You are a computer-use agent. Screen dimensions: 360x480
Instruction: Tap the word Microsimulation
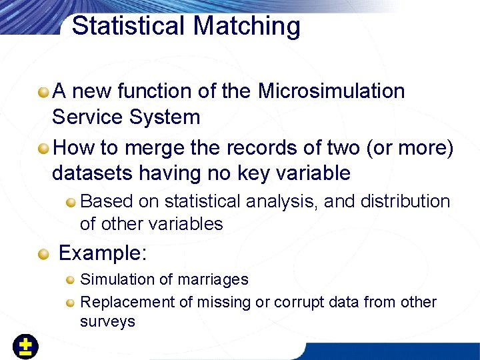[x=331, y=91]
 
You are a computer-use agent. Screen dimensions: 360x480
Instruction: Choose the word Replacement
[x=127, y=302]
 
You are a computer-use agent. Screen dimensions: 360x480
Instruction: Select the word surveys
[x=107, y=321]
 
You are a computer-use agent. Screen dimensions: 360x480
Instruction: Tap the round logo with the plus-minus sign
[x=25, y=347]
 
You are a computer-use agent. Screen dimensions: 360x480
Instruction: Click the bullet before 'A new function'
[x=43, y=91]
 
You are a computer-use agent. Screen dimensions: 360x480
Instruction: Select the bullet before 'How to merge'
[x=43, y=147]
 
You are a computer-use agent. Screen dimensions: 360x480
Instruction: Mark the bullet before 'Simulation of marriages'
[x=71, y=280]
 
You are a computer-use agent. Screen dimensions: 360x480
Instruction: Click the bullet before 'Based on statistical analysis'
[x=71, y=202]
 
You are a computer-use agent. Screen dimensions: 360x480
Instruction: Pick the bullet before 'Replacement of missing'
[x=71, y=303]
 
